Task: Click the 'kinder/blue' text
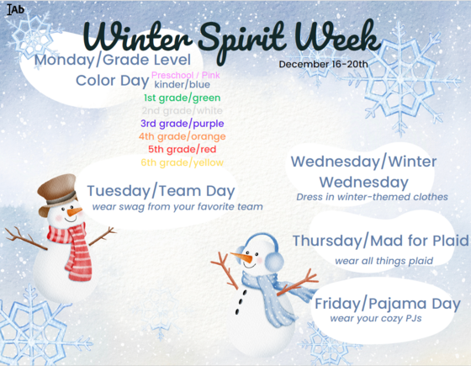click(182, 85)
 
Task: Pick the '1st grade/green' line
click(182, 98)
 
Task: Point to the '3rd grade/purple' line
click(182, 123)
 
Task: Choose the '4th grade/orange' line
click(182, 135)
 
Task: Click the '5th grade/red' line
click(182, 149)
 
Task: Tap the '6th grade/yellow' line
click(182, 162)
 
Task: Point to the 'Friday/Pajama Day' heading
click(387, 304)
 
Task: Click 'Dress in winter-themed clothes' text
click(371, 197)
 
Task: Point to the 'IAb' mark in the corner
click(15, 10)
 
